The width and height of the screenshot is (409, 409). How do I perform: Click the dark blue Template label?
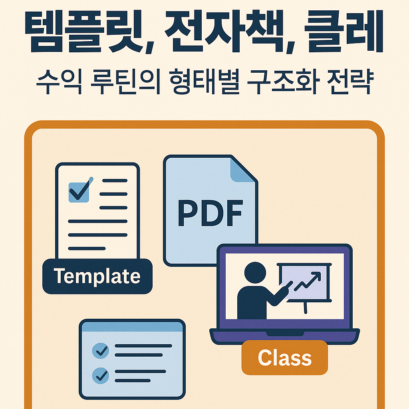(x=97, y=276)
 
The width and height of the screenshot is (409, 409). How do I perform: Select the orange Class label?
(x=284, y=357)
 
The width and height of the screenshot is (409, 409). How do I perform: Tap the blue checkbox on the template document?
(x=79, y=192)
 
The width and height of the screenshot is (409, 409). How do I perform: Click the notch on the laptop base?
(x=284, y=334)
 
